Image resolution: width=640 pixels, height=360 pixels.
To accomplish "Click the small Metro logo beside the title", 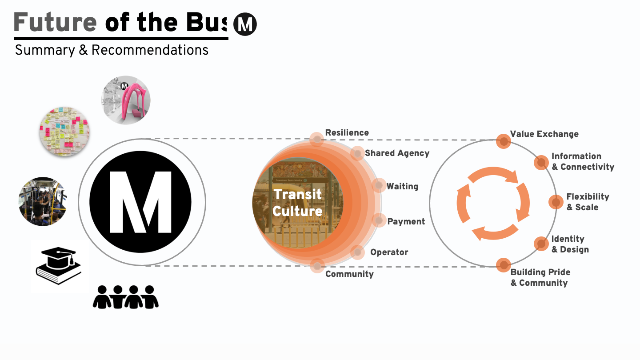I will pyautogui.click(x=245, y=24).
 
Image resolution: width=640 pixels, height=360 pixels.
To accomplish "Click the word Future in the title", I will pyautogui.click(x=56, y=22).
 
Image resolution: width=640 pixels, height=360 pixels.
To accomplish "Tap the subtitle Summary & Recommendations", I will pyautogui.click(x=112, y=50).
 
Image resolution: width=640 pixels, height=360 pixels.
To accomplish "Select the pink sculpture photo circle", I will pyautogui.click(x=126, y=100).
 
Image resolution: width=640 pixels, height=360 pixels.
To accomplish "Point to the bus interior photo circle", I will pyautogui.click(x=43, y=201).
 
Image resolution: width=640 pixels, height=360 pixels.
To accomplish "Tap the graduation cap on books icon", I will pyautogui.click(x=59, y=266).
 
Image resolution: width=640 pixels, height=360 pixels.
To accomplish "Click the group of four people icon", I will pyautogui.click(x=126, y=297).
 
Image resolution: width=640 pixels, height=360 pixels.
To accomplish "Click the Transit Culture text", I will pyautogui.click(x=297, y=202).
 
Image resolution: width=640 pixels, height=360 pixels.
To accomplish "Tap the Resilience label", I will pyautogui.click(x=347, y=133).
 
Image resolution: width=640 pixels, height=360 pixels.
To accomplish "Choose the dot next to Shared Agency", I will pyautogui.click(x=357, y=153).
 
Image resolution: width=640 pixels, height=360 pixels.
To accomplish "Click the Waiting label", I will pyautogui.click(x=402, y=187).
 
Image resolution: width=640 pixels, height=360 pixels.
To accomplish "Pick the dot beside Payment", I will pyautogui.click(x=379, y=220).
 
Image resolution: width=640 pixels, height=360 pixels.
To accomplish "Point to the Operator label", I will pyautogui.click(x=389, y=252).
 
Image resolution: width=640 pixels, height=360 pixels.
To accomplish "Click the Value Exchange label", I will pyautogui.click(x=544, y=134).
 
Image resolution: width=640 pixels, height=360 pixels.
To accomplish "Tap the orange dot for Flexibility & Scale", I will pyautogui.click(x=555, y=202).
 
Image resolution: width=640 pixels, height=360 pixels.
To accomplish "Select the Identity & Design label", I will pyautogui.click(x=570, y=244).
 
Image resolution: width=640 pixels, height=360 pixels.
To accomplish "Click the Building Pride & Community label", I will pyautogui.click(x=540, y=278).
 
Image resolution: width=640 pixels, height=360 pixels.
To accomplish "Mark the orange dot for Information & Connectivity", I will pyautogui.click(x=541, y=162).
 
